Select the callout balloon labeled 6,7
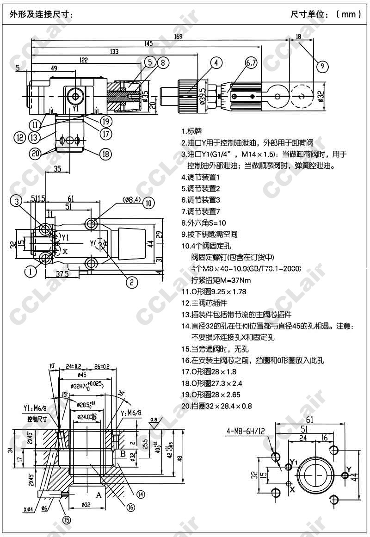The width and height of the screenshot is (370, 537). click(x=252, y=63)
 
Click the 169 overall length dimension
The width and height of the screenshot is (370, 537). click(x=178, y=37)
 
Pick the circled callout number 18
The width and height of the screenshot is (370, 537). click(x=106, y=154)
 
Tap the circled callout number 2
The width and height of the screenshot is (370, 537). click(x=132, y=281)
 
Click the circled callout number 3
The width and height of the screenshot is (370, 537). click(x=17, y=201)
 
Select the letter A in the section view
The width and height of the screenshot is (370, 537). click(x=99, y=495)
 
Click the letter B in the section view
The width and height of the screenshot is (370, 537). click(x=123, y=454)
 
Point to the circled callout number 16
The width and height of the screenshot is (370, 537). click(x=131, y=507)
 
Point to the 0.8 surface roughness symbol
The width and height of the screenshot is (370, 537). click(x=154, y=420)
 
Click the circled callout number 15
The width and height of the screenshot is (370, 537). click(x=67, y=520)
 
